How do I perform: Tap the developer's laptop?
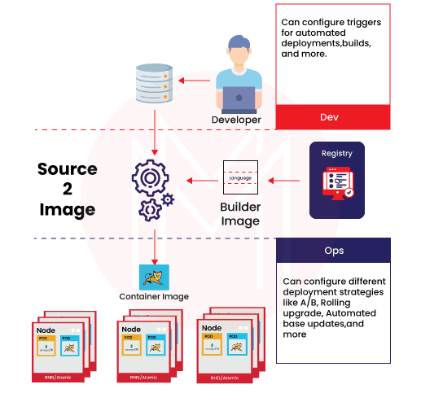tap(239, 98)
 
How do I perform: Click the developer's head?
tap(240, 50)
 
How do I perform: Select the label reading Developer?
tap(236, 120)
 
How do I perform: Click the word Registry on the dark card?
tap(337, 154)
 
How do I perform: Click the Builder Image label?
tap(240, 214)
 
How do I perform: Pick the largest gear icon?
tap(149, 177)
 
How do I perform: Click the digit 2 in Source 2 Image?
tap(67, 190)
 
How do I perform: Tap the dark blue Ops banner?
tap(333, 250)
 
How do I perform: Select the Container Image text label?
tap(154, 297)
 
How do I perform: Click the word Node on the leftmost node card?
tap(46, 330)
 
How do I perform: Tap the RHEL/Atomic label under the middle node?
tap(141, 377)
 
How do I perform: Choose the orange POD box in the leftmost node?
tap(46, 345)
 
